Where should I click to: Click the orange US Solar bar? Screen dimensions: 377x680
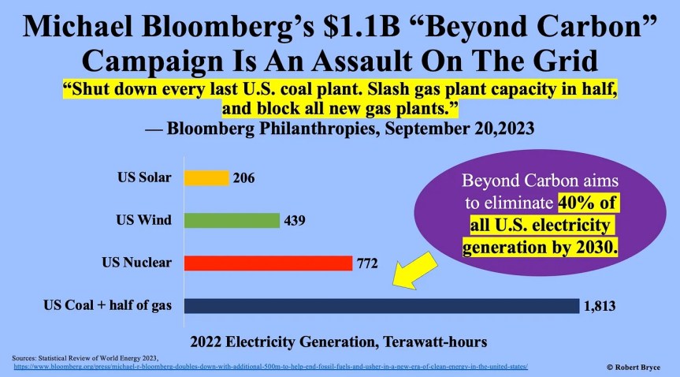[206, 178]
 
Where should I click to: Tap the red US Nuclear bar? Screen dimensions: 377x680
[268, 263]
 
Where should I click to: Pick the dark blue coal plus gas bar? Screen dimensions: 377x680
[381, 305]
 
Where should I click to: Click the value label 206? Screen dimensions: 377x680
[243, 179]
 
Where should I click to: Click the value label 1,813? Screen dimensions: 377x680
[598, 306]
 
